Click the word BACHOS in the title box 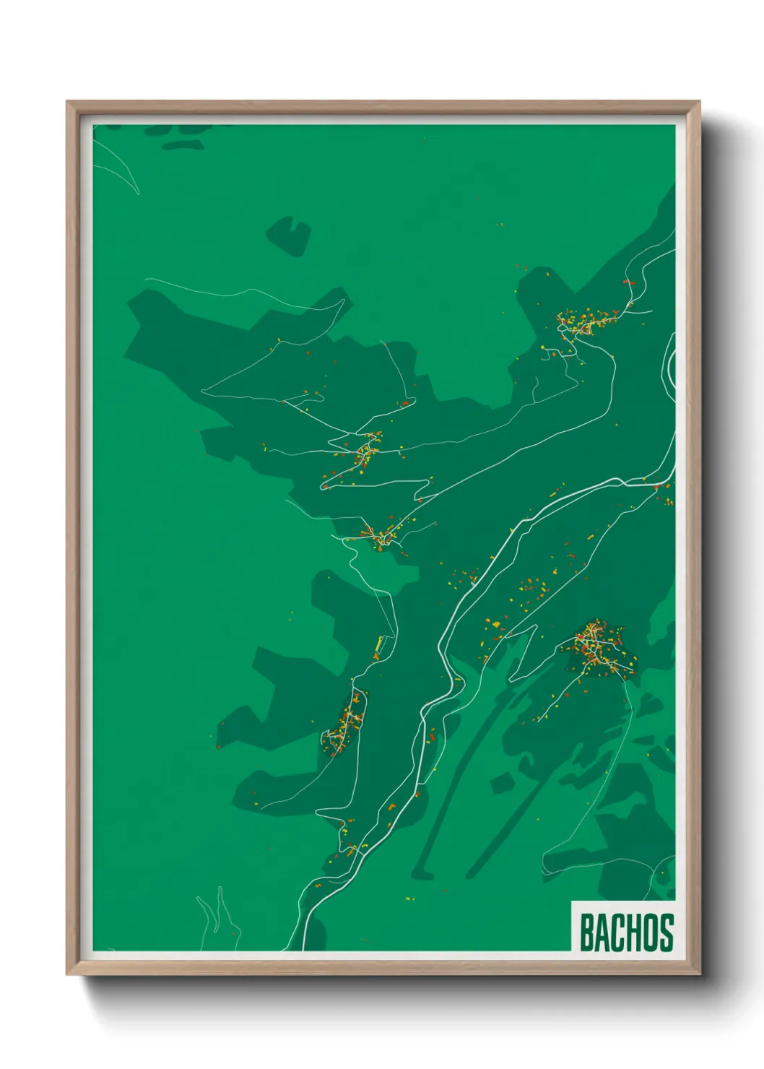625,932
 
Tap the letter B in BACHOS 586,932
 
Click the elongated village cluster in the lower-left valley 345,726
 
